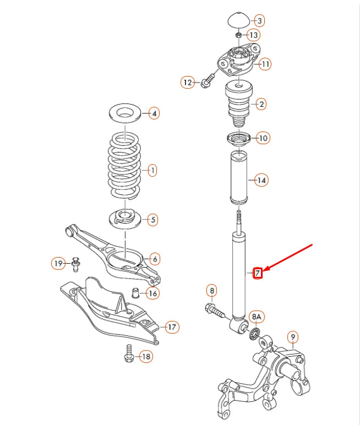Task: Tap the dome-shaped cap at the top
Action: (238, 20)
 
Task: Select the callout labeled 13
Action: (253, 35)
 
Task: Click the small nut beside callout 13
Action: (238, 36)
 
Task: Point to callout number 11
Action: (265, 64)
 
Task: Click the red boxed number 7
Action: (257, 272)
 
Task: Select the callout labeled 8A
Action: (257, 317)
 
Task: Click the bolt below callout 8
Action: (216, 310)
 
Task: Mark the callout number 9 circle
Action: (293, 336)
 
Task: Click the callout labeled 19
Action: (59, 264)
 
